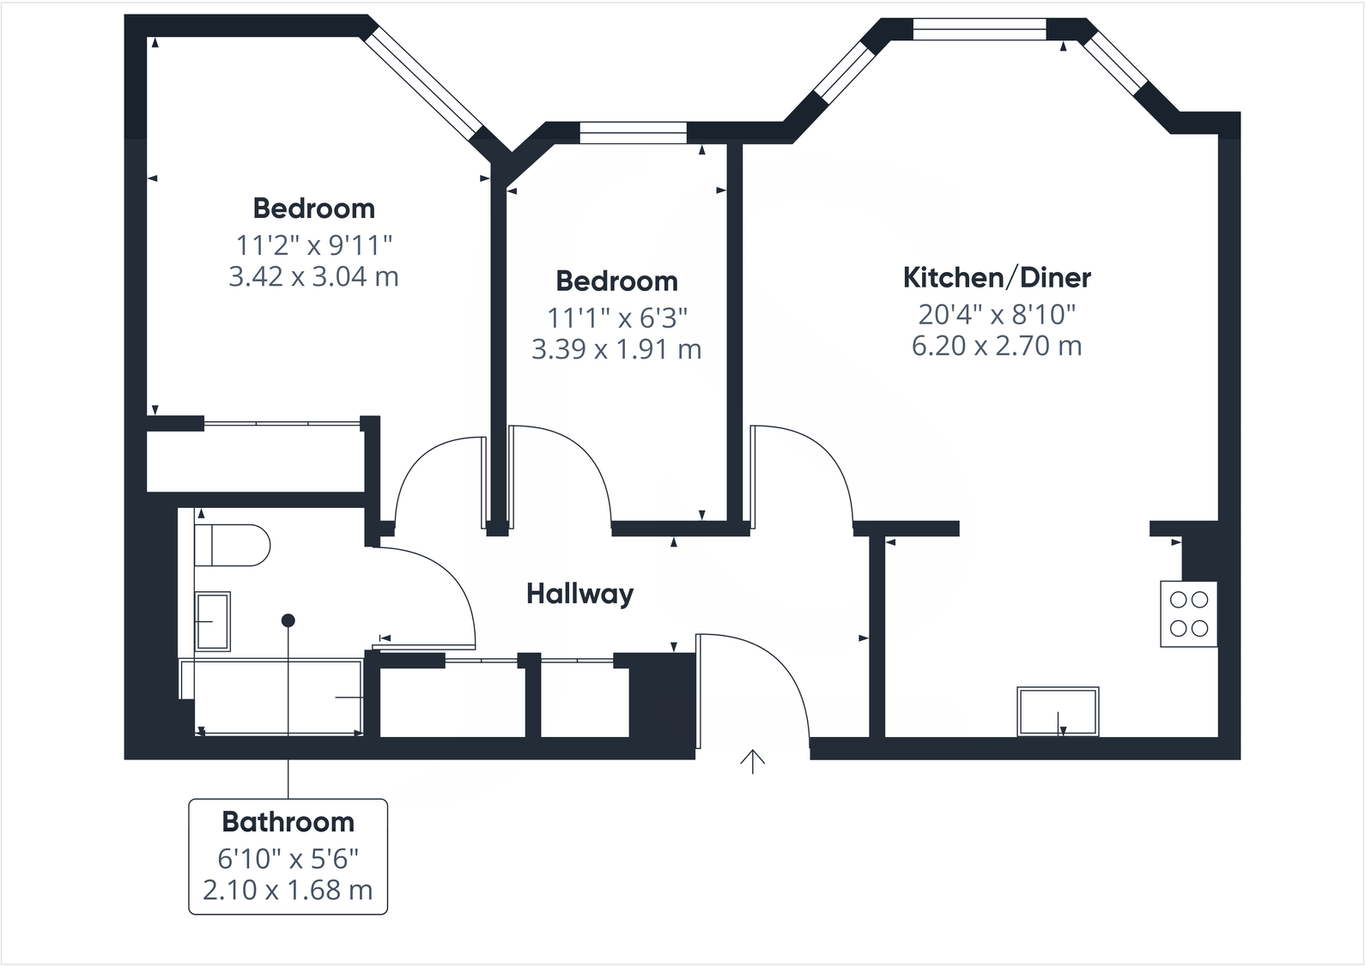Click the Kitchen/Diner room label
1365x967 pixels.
click(997, 278)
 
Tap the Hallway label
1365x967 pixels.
click(579, 594)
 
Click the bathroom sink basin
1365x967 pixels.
click(212, 621)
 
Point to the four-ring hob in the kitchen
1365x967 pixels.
click(1189, 613)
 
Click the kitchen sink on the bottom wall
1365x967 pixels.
click(1058, 711)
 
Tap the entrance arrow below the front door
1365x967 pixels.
click(753, 761)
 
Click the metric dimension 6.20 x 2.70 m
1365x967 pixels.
click(997, 346)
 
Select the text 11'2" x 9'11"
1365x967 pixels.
click(314, 245)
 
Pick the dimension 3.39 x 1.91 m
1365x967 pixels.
click(616, 350)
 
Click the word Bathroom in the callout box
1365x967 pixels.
click(288, 822)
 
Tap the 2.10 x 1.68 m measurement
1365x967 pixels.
click(288, 890)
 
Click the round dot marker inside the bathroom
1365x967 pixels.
click(288, 619)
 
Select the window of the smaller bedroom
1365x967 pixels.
click(633, 133)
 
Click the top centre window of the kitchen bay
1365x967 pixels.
click(980, 30)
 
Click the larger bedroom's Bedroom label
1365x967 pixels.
click(314, 209)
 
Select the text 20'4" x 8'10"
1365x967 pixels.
click(997, 315)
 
